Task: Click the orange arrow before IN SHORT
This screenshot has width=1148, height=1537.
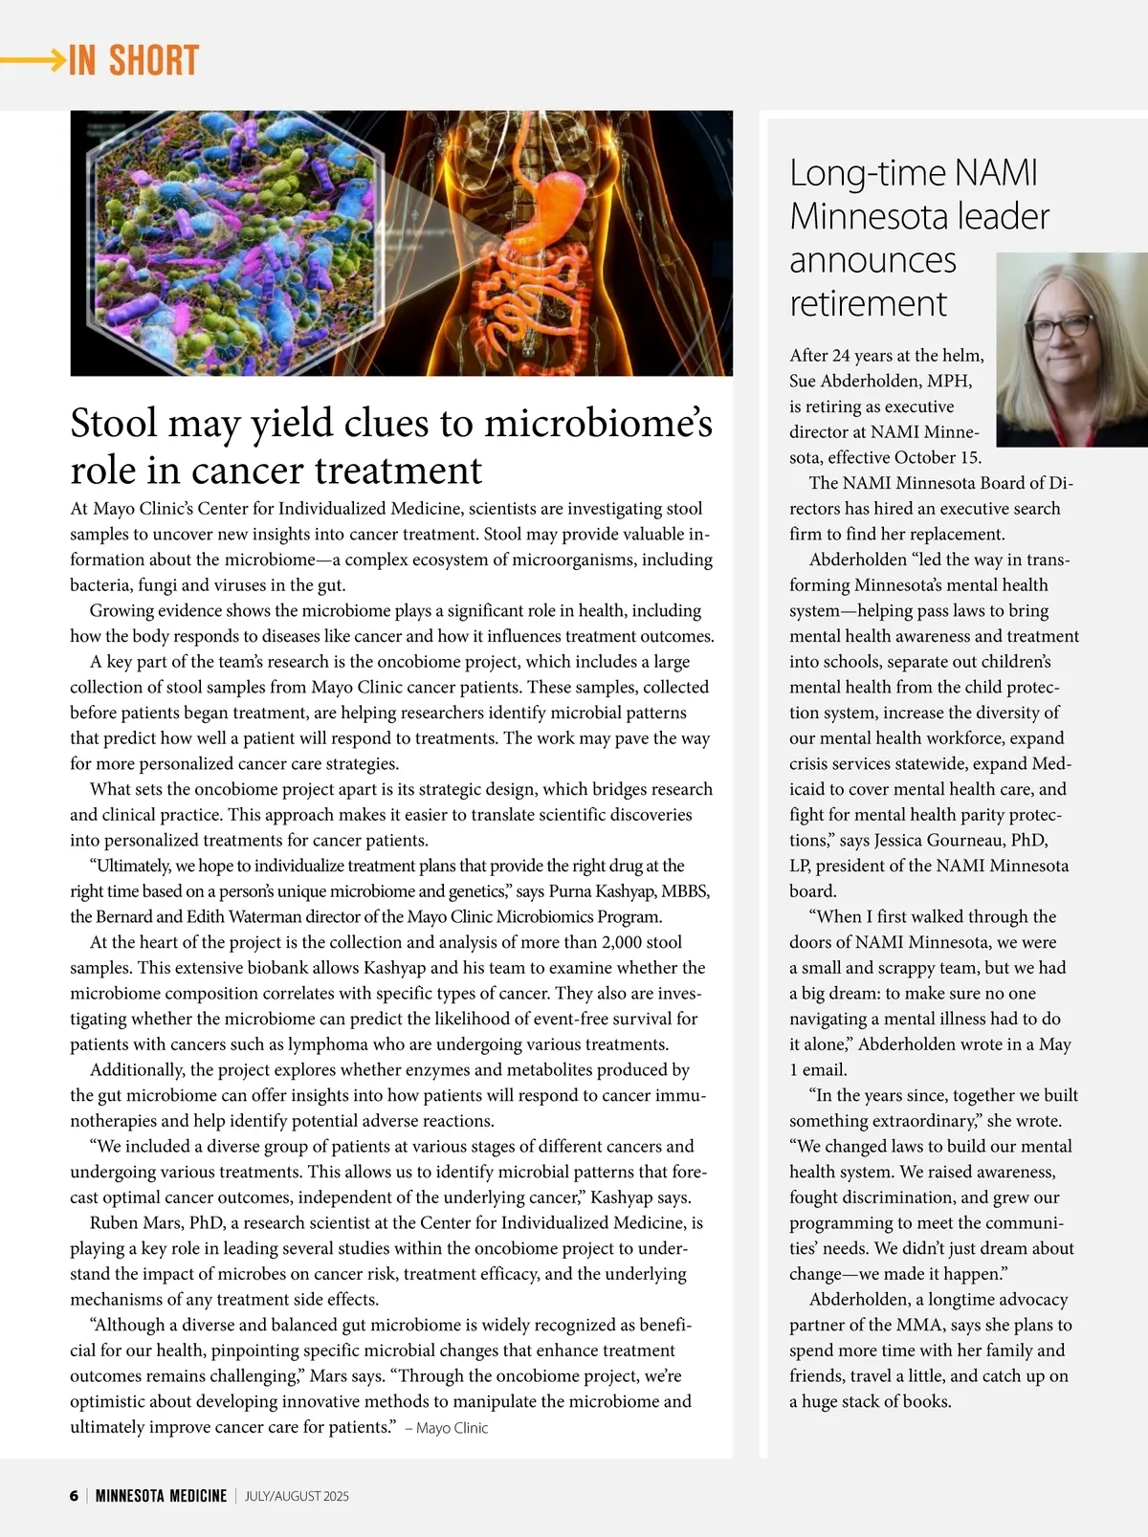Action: click(33, 60)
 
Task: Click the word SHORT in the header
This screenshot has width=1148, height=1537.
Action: click(153, 60)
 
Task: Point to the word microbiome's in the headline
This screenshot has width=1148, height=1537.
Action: click(598, 424)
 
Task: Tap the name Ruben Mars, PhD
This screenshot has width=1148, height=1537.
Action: click(155, 1222)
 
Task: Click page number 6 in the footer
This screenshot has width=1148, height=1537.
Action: click(74, 1496)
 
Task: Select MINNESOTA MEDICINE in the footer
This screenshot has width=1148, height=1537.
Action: click(161, 1496)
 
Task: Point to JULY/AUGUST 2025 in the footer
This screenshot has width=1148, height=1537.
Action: click(297, 1496)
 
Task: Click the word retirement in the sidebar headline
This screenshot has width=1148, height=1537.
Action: click(868, 303)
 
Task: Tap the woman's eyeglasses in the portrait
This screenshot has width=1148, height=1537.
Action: click(1062, 326)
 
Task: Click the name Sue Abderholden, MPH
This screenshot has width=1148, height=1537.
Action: click(880, 381)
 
